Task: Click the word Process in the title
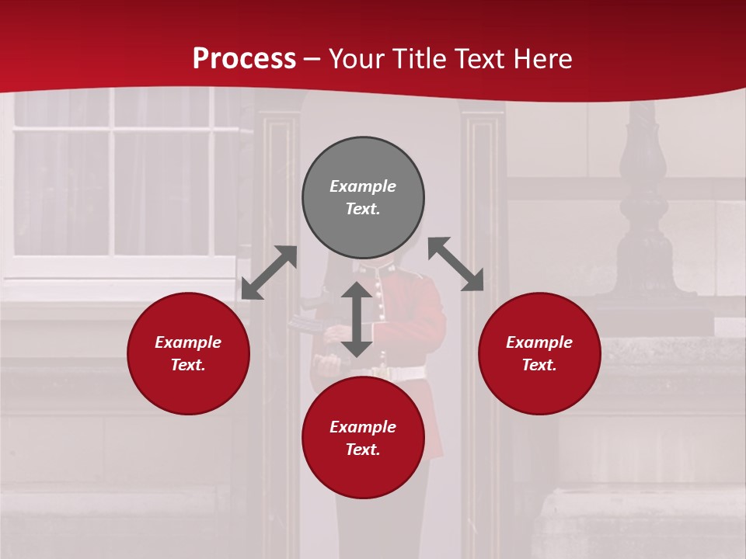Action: click(x=244, y=59)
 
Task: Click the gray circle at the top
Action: click(x=363, y=163)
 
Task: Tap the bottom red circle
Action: click(x=363, y=474)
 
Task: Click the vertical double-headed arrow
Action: click(x=357, y=319)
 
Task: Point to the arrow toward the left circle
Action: click(x=269, y=273)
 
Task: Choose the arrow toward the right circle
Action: click(x=456, y=264)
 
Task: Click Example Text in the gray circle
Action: click(x=363, y=197)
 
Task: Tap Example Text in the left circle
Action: click(x=188, y=353)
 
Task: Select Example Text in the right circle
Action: click(x=539, y=353)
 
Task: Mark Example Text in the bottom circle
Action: click(x=363, y=438)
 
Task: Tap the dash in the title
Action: click(x=312, y=59)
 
